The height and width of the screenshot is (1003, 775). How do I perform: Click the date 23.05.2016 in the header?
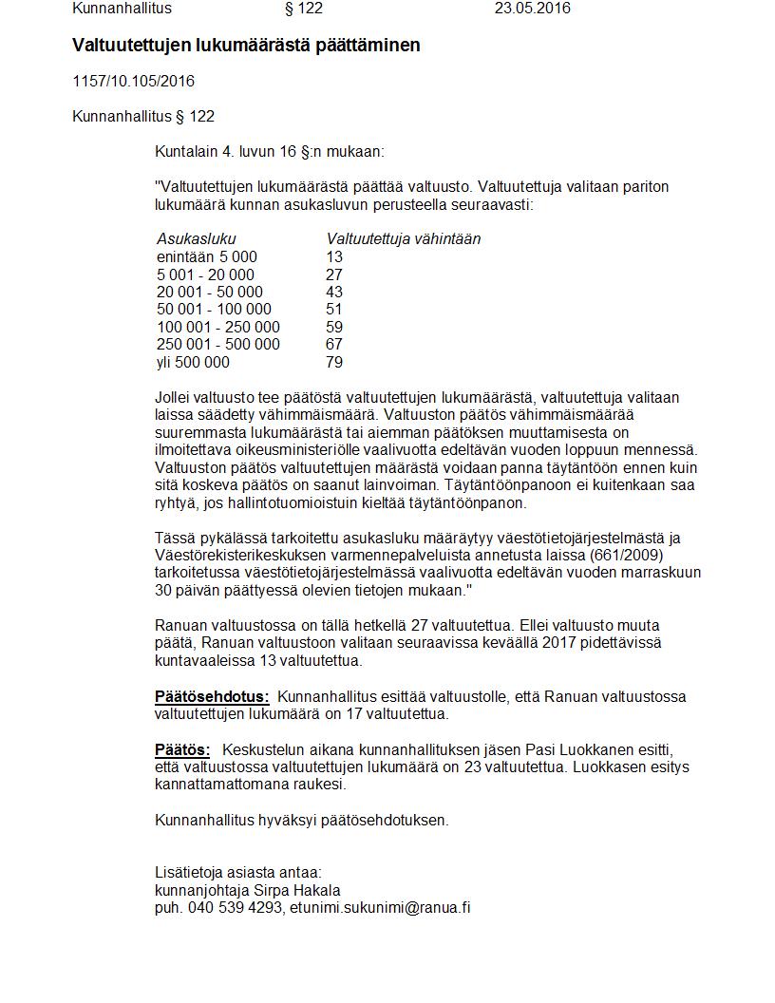[x=532, y=9]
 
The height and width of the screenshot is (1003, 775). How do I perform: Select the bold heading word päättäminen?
[x=369, y=45]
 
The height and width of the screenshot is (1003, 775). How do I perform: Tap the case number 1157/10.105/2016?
[x=133, y=82]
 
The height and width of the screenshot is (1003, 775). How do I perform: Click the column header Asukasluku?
[x=196, y=239]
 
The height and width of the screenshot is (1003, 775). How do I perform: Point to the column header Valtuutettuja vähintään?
[x=403, y=239]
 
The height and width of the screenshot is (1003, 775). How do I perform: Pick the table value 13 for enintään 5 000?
[x=333, y=257]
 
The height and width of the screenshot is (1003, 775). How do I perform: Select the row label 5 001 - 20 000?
[x=205, y=274]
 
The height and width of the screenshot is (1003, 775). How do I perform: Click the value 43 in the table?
[x=333, y=292]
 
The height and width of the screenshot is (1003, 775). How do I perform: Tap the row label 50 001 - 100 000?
[x=214, y=310]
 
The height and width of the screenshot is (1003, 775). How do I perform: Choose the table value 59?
[x=333, y=327]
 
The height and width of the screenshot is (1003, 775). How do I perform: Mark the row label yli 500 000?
[x=193, y=362]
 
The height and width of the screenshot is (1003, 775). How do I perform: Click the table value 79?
[x=333, y=362]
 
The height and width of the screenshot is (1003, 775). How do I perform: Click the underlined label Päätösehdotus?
[x=212, y=697]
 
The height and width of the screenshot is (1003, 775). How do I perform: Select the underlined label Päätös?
[x=182, y=750]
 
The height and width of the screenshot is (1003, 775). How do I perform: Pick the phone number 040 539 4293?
[x=235, y=907]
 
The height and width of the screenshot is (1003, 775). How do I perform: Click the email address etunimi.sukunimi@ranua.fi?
[x=380, y=907]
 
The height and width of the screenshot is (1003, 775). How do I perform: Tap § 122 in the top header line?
[x=304, y=9]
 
